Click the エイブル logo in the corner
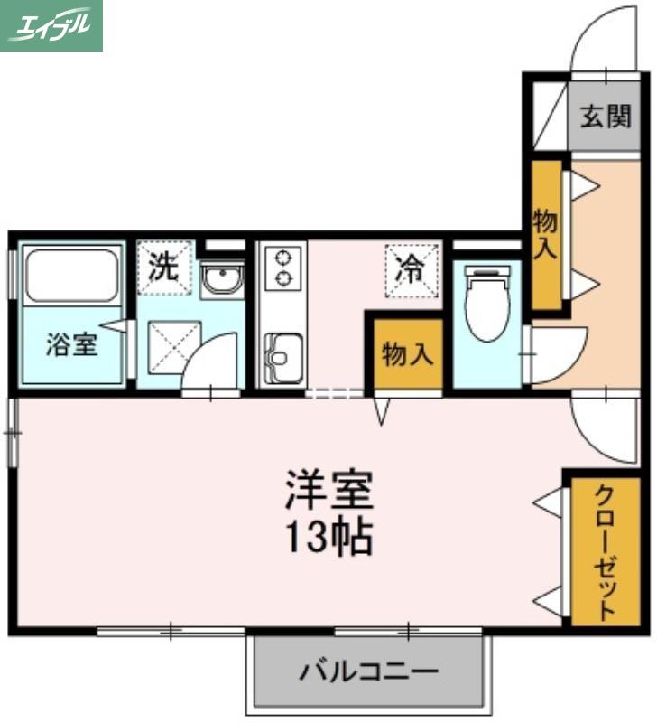coord(51,25)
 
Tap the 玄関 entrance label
coord(605,116)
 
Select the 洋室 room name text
coord(328,490)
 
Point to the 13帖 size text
coord(328,537)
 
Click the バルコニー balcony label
coord(368,671)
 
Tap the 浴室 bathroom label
coord(71,344)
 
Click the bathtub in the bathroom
coord(71,276)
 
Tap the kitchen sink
coord(283,358)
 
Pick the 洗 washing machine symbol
coord(164,268)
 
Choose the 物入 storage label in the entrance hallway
coord(545,234)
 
